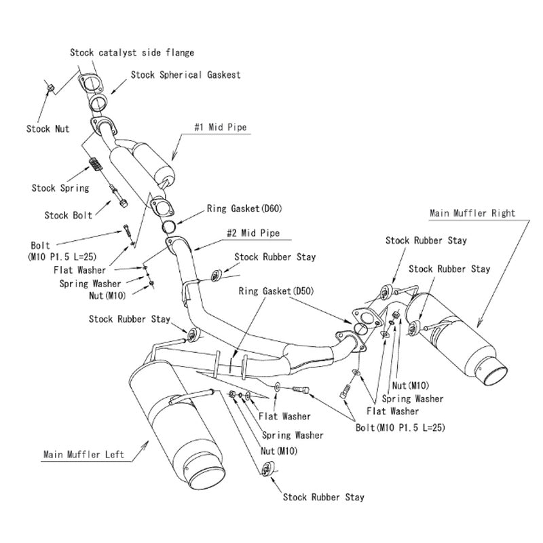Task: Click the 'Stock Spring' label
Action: [60, 188]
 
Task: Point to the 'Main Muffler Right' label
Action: [472, 212]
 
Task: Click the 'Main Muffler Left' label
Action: [83, 454]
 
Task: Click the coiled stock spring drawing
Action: [96, 166]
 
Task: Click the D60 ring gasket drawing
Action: [172, 225]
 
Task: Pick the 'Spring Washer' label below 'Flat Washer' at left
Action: [90, 283]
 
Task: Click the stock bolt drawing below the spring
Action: [118, 196]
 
